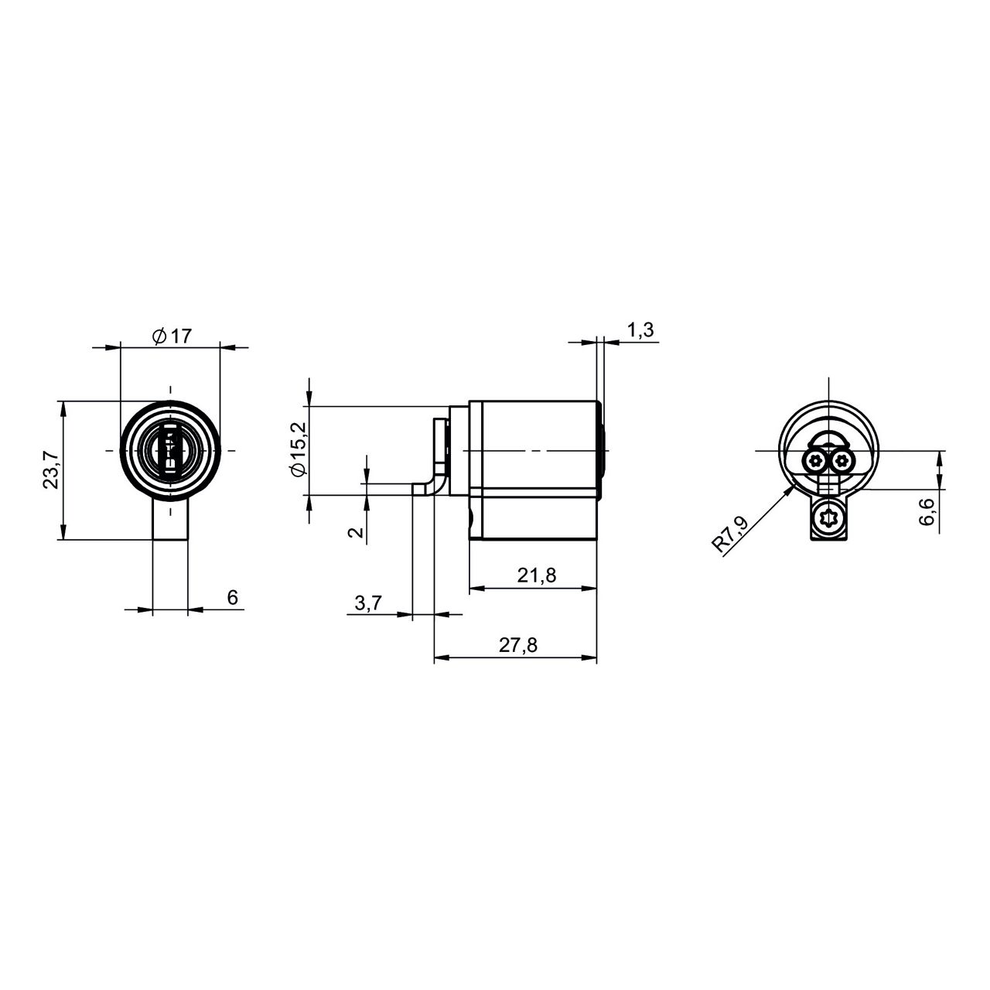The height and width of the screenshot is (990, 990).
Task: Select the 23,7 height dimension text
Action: pyautogui.click(x=51, y=469)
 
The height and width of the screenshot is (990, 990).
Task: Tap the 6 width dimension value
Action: pyautogui.click(x=232, y=598)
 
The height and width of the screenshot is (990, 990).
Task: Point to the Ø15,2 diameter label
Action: pyautogui.click(x=299, y=449)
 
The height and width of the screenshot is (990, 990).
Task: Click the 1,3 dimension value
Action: pyautogui.click(x=640, y=329)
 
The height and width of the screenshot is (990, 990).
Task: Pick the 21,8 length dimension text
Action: pyautogui.click(x=537, y=575)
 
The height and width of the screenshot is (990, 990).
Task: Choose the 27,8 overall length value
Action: pyautogui.click(x=518, y=645)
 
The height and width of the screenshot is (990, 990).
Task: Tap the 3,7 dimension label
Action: pyautogui.click(x=368, y=603)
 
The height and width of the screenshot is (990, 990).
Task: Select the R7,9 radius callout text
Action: pyautogui.click(x=730, y=534)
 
